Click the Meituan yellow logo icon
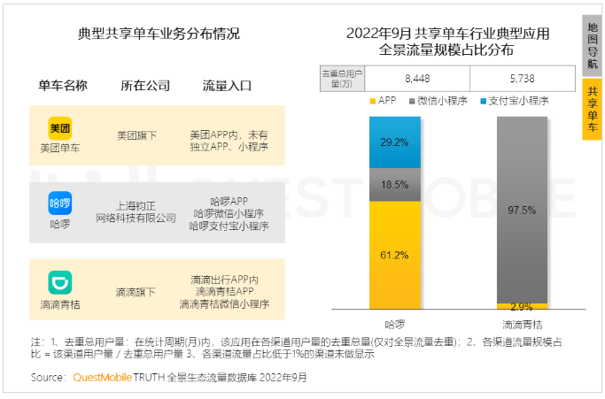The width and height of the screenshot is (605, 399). (59, 128)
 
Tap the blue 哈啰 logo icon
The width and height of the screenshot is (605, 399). (59, 203)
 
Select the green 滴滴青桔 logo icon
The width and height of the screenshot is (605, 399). (59, 282)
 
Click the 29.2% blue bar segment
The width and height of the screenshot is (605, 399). (395, 142)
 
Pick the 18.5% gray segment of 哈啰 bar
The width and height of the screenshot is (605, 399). (395, 185)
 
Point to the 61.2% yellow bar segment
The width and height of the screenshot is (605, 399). (395, 255)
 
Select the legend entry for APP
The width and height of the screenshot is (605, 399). (382, 101)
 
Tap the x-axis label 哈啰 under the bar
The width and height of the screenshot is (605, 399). (395, 324)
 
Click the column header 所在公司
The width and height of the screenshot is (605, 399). (145, 86)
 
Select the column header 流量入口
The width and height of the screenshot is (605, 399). (228, 86)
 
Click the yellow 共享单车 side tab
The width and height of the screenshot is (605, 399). (593, 109)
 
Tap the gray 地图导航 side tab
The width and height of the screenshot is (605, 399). (593, 45)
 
